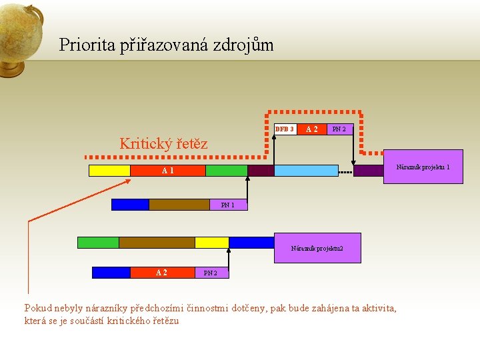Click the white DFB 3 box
coord(285,129)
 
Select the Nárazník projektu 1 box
coord(423,167)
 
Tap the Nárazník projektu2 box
coord(317,248)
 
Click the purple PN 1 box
coord(228,205)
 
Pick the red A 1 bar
coord(167,171)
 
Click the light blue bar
coord(306,171)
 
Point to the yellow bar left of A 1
coord(109,171)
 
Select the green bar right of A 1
coord(226,171)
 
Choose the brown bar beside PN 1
coord(179,205)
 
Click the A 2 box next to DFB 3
coord(311,129)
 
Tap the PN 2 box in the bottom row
coord(211,273)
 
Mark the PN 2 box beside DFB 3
coord(339,129)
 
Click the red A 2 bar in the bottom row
coord(161,273)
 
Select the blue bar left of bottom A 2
coord(111,273)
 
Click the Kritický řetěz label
coord(163,143)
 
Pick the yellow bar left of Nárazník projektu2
coord(211,243)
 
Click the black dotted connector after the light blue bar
coord(345,171)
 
